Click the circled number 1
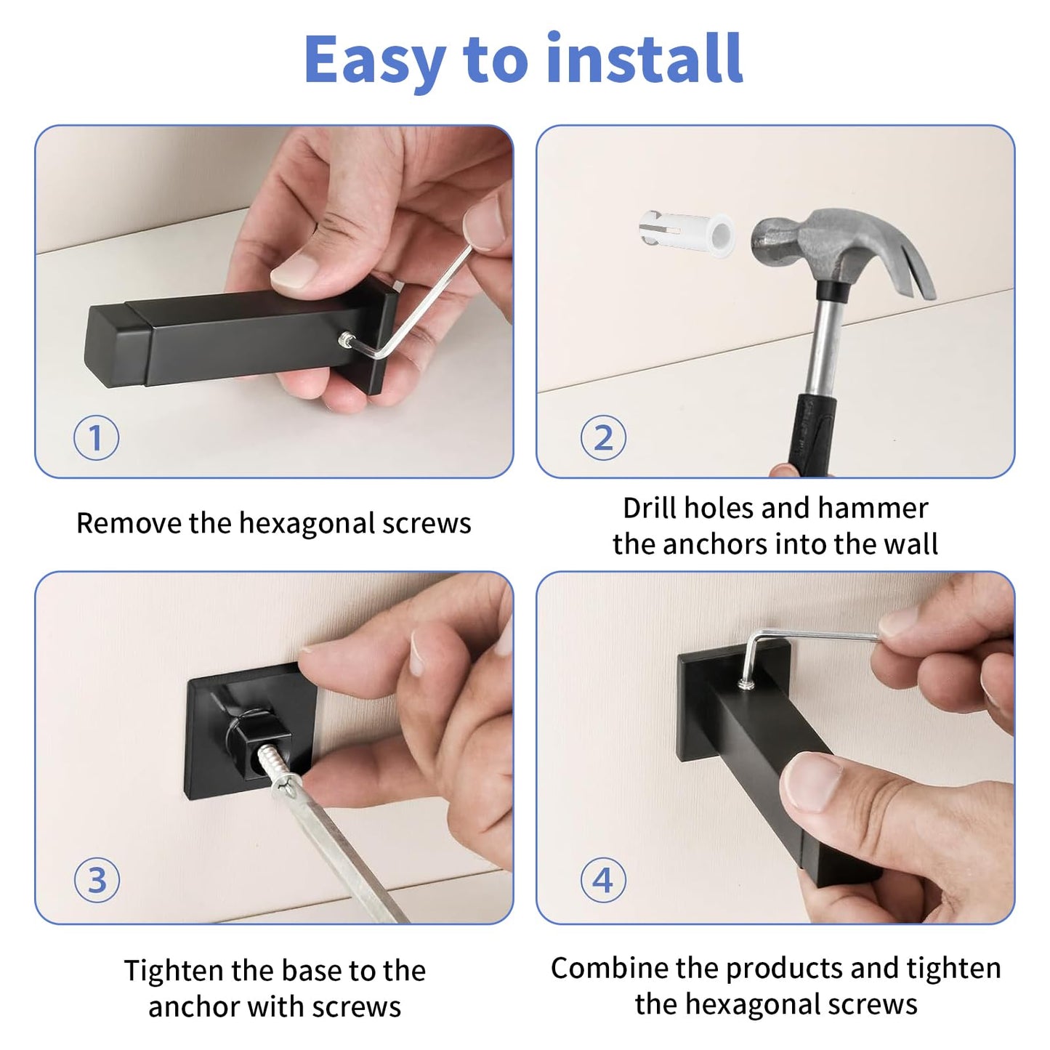point(96,438)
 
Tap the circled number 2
point(602,437)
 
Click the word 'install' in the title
point(645,57)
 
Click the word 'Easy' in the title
point(376,62)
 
